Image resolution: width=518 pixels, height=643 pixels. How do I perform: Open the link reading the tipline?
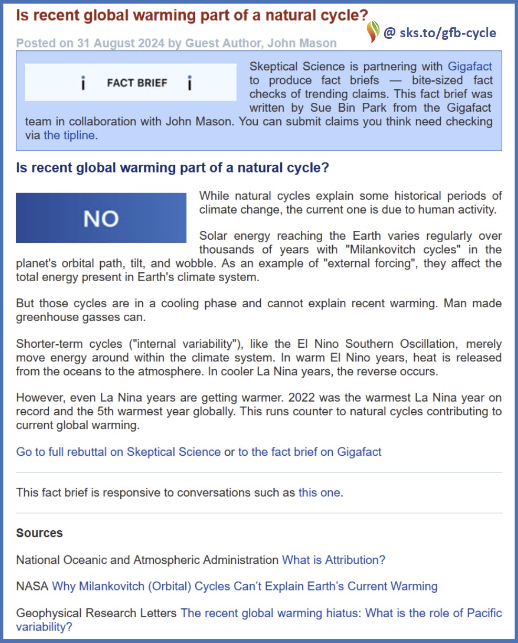69,135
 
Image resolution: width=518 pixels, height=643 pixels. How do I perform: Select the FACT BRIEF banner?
131,82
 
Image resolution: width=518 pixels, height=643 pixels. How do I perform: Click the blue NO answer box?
101,218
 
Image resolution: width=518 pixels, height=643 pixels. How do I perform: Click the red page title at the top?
192,15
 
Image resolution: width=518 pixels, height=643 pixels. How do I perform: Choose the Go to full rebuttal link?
118,452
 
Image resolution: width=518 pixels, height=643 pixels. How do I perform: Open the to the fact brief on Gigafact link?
310,452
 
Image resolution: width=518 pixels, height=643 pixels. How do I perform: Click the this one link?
319,492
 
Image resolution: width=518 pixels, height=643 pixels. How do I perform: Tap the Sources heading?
39,533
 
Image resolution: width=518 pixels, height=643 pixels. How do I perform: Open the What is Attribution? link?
333,560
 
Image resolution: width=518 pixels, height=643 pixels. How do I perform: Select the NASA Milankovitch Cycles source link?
245,586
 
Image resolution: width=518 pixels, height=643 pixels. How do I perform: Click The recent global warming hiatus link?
341,613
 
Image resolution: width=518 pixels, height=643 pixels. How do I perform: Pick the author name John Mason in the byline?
302,43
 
